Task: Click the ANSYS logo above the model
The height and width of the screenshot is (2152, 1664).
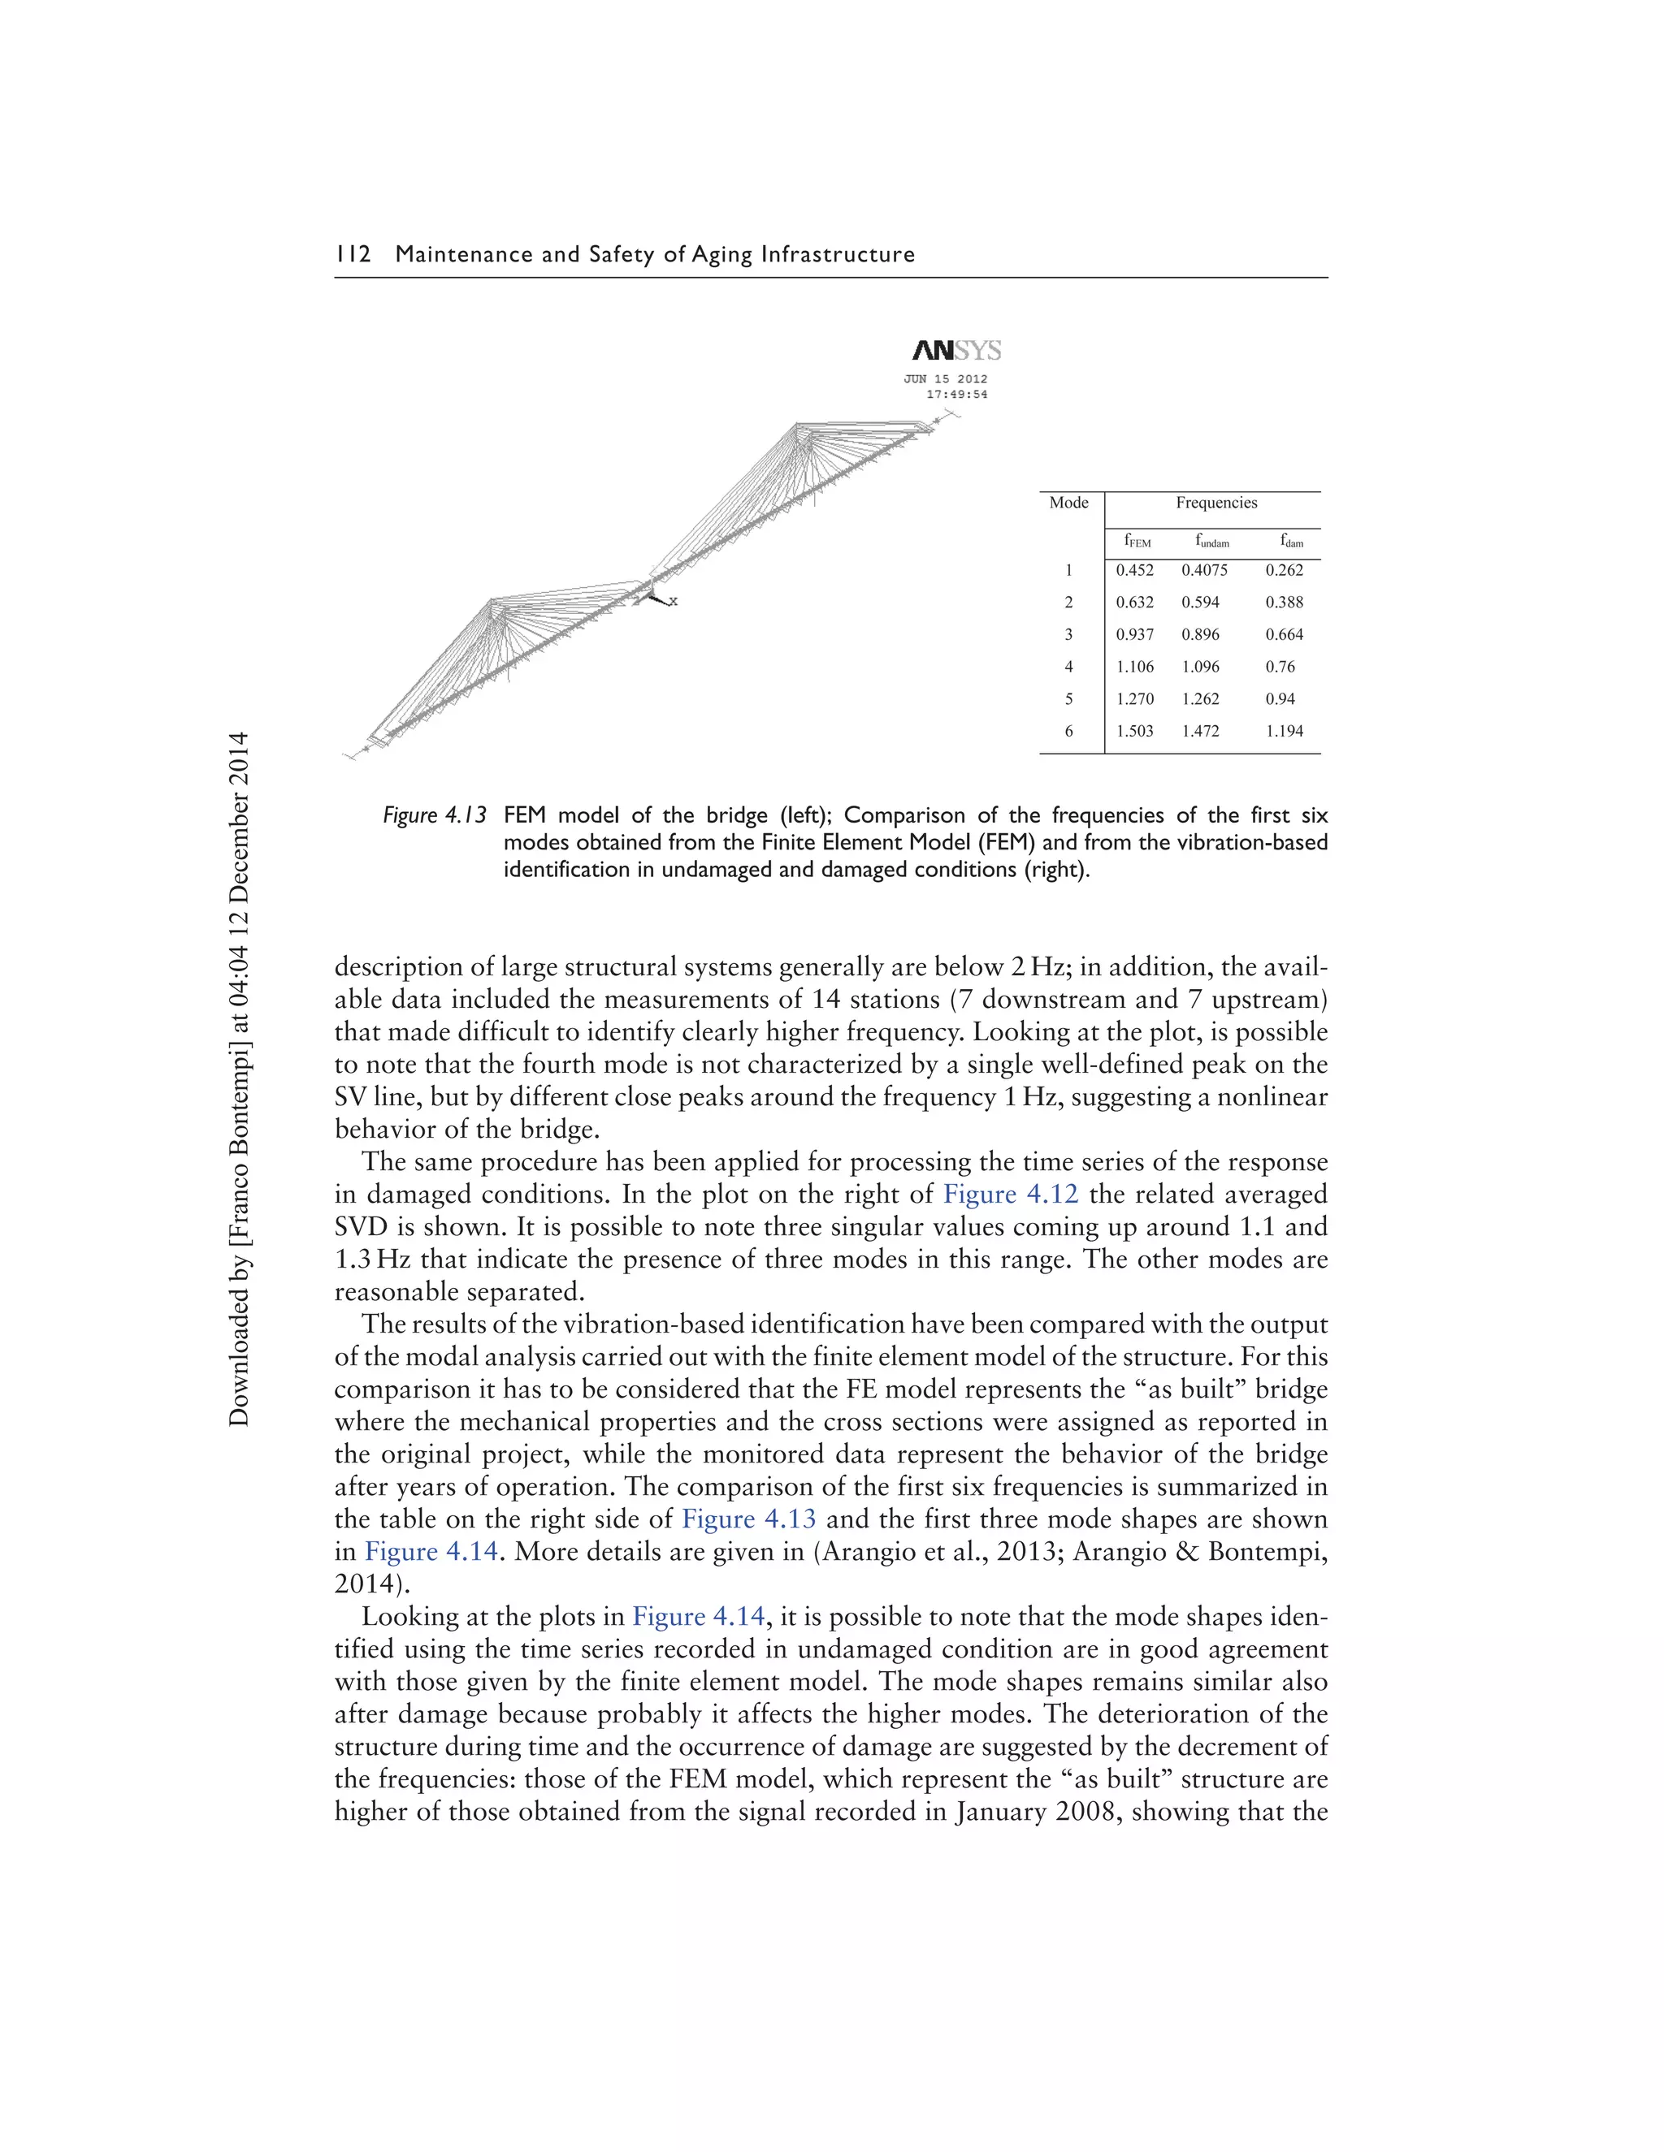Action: coord(956,351)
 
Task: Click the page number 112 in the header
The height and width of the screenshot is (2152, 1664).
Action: coord(353,254)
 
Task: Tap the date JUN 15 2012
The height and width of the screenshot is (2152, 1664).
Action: coord(946,378)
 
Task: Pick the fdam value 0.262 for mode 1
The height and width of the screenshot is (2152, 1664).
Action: coord(1284,569)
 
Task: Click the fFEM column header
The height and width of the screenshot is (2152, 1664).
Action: coord(1137,541)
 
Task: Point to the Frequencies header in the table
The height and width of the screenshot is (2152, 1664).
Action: coord(1215,503)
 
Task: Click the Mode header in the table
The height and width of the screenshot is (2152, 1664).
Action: coord(1068,503)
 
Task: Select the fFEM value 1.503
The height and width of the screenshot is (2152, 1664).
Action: coord(1134,731)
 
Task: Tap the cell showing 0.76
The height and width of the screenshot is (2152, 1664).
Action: coord(1280,667)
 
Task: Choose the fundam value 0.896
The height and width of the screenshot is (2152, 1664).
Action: coord(1200,634)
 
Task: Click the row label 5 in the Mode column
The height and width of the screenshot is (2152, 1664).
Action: coord(1068,698)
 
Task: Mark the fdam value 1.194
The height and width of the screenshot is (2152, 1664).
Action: coord(1284,731)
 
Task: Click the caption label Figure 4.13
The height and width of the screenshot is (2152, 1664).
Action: coord(435,816)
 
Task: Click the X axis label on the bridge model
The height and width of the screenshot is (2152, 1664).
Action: coord(674,601)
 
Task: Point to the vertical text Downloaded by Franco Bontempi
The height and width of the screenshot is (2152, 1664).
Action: coord(239,1079)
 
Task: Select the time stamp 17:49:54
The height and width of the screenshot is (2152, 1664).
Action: coord(956,394)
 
